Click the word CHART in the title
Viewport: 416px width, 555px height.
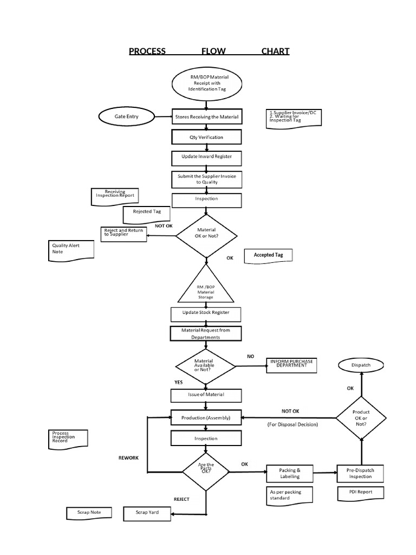pyautogui.click(x=275, y=51)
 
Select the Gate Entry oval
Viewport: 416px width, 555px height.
pyautogui.click(x=127, y=117)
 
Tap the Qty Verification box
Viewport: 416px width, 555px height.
pyautogui.click(x=206, y=137)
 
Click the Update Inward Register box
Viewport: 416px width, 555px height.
pyautogui.click(x=206, y=157)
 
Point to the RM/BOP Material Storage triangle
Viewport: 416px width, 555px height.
pyautogui.click(x=205, y=288)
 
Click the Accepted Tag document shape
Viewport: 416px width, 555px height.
pyautogui.click(x=268, y=255)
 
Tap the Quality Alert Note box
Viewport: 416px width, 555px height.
pyautogui.click(x=71, y=250)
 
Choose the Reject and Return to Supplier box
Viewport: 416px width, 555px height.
pyautogui.click(x=123, y=234)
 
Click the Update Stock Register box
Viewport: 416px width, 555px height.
pyautogui.click(x=205, y=313)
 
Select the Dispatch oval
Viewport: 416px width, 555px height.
pyautogui.click(x=361, y=365)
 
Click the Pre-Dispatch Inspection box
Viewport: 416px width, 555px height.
pyautogui.click(x=360, y=474)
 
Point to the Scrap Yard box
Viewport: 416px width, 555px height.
pyautogui.click(x=147, y=512)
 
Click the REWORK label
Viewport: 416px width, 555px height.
pyautogui.click(x=129, y=458)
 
